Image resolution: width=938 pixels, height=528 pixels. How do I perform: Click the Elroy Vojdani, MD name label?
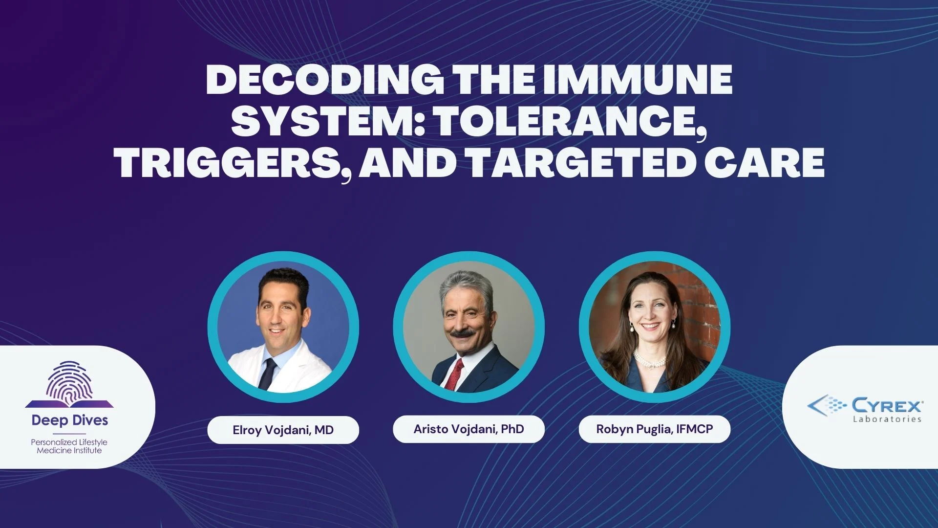(x=283, y=430)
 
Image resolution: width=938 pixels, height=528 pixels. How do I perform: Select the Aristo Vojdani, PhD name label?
(x=469, y=429)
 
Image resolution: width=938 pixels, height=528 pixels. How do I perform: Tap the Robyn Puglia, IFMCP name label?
(x=655, y=429)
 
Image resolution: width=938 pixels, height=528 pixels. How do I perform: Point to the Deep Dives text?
(x=70, y=420)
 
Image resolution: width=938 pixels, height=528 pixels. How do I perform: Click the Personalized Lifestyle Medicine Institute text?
(x=69, y=446)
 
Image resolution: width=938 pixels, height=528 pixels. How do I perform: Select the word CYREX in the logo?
(x=887, y=405)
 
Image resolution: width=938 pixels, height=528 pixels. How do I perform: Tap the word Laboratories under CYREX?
(x=887, y=419)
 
